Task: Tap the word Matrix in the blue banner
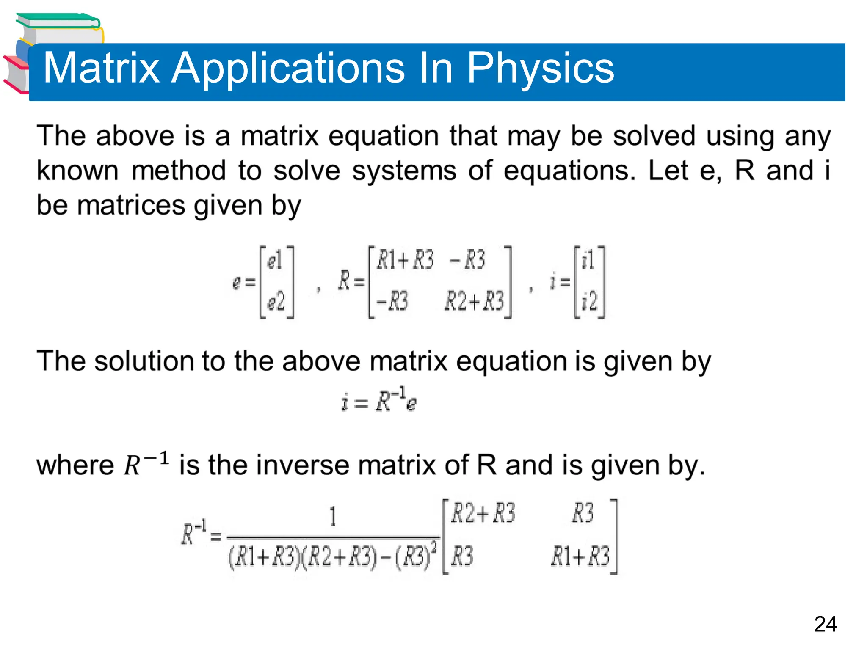tap(102, 68)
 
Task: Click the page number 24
tap(825, 624)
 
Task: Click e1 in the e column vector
tap(275, 260)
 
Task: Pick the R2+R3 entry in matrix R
tap(474, 302)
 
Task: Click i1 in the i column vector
tap(588, 260)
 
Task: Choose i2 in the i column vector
tap(589, 302)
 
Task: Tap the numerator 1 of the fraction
tap(333, 517)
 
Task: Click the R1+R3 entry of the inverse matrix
tap(580, 556)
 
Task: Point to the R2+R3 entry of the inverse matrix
tap(483, 514)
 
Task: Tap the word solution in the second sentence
tap(144, 361)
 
